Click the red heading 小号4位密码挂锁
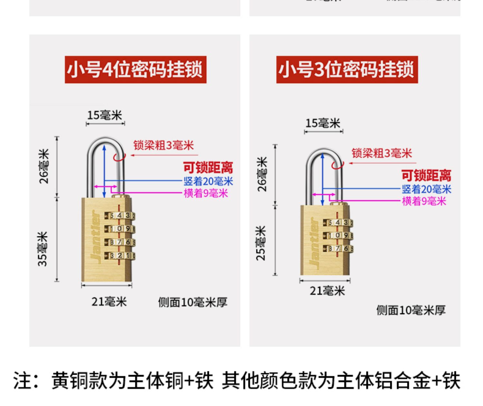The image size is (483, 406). tap(135, 70)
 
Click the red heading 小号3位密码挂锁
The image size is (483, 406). tap(347, 70)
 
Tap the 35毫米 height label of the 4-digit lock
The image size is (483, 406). tap(43, 249)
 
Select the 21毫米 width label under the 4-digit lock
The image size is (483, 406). tap(109, 302)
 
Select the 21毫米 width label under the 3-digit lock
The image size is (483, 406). tap(327, 291)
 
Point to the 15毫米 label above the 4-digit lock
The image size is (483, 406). tap(105, 115)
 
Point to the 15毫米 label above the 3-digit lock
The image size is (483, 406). tap(323, 123)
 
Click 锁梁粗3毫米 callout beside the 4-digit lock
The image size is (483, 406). tap(164, 146)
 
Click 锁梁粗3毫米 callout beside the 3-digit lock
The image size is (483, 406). tap(382, 153)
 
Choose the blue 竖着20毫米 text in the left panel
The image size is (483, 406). tap(208, 181)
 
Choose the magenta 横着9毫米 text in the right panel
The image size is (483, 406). tap(424, 201)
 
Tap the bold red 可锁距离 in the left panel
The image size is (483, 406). tap(208, 168)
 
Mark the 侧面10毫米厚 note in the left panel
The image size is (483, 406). tap(193, 302)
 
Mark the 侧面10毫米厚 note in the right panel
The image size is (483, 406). tap(411, 310)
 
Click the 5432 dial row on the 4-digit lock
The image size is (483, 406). tap(119, 215)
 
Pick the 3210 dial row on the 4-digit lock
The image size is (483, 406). tap(119, 256)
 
